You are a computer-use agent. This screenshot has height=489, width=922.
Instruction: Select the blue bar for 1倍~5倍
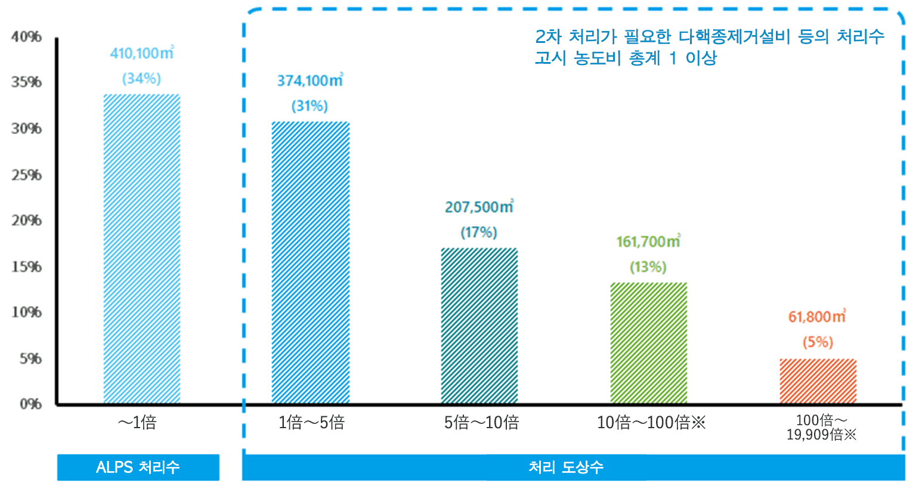coord(311,263)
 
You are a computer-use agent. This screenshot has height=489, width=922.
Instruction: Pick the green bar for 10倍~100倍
coord(649,343)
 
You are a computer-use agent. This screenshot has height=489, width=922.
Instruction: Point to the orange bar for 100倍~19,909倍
coord(818,382)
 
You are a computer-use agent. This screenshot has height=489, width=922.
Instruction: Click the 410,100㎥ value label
coord(141,54)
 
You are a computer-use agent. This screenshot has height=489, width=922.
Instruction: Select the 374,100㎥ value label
coord(310,81)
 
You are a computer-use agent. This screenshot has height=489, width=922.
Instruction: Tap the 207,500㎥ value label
coord(479,208)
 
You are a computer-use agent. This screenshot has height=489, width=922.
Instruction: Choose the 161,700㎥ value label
coord(648,242)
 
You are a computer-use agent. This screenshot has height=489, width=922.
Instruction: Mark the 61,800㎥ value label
coord(817,317)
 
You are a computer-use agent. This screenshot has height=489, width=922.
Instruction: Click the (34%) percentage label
coord(141,79)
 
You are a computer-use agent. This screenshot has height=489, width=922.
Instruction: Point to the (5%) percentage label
coord(817,342)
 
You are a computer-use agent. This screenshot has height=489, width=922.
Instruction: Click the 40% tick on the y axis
coord(27,37)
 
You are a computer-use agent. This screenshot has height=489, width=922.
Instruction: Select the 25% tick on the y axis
coord(27,175)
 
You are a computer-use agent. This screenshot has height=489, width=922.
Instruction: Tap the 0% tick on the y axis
coord(30,404)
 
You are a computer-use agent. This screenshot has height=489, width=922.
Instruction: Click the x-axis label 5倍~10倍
coord(481,423)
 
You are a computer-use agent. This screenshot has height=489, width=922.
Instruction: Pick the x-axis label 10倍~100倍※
coord(651,423)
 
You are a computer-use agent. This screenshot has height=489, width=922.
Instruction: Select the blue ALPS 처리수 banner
coord(138,468)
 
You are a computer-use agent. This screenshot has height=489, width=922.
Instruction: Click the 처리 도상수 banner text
coord(566,468)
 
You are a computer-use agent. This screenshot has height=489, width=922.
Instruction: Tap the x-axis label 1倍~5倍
coord(311,423)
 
